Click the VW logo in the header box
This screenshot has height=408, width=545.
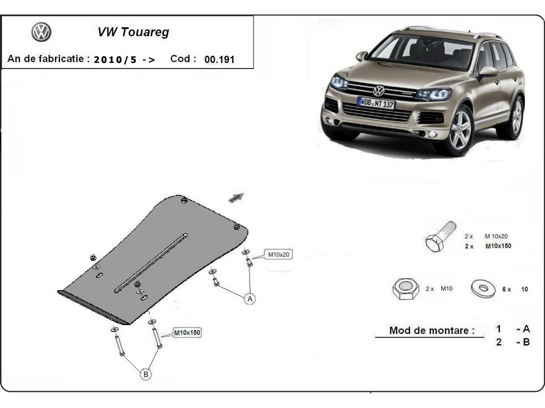click(x=41, y=33)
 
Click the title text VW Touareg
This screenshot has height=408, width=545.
click(x=133, y=33)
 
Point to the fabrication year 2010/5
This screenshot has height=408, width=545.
click(x=115, y=60)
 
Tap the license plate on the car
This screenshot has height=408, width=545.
click(x=376, y=103)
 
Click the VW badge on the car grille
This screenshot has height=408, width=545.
click(x=379, y=89)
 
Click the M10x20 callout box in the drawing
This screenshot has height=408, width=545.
click(x=278, y=255)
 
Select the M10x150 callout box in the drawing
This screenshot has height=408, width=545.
click(x=187, y=333)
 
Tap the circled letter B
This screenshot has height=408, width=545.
click(x=145, y=374)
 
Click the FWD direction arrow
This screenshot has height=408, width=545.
click(x=237, y=198)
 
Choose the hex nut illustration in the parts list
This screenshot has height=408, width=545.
click(x=404, y=289)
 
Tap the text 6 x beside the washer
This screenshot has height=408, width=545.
click(x=506, y=289)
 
